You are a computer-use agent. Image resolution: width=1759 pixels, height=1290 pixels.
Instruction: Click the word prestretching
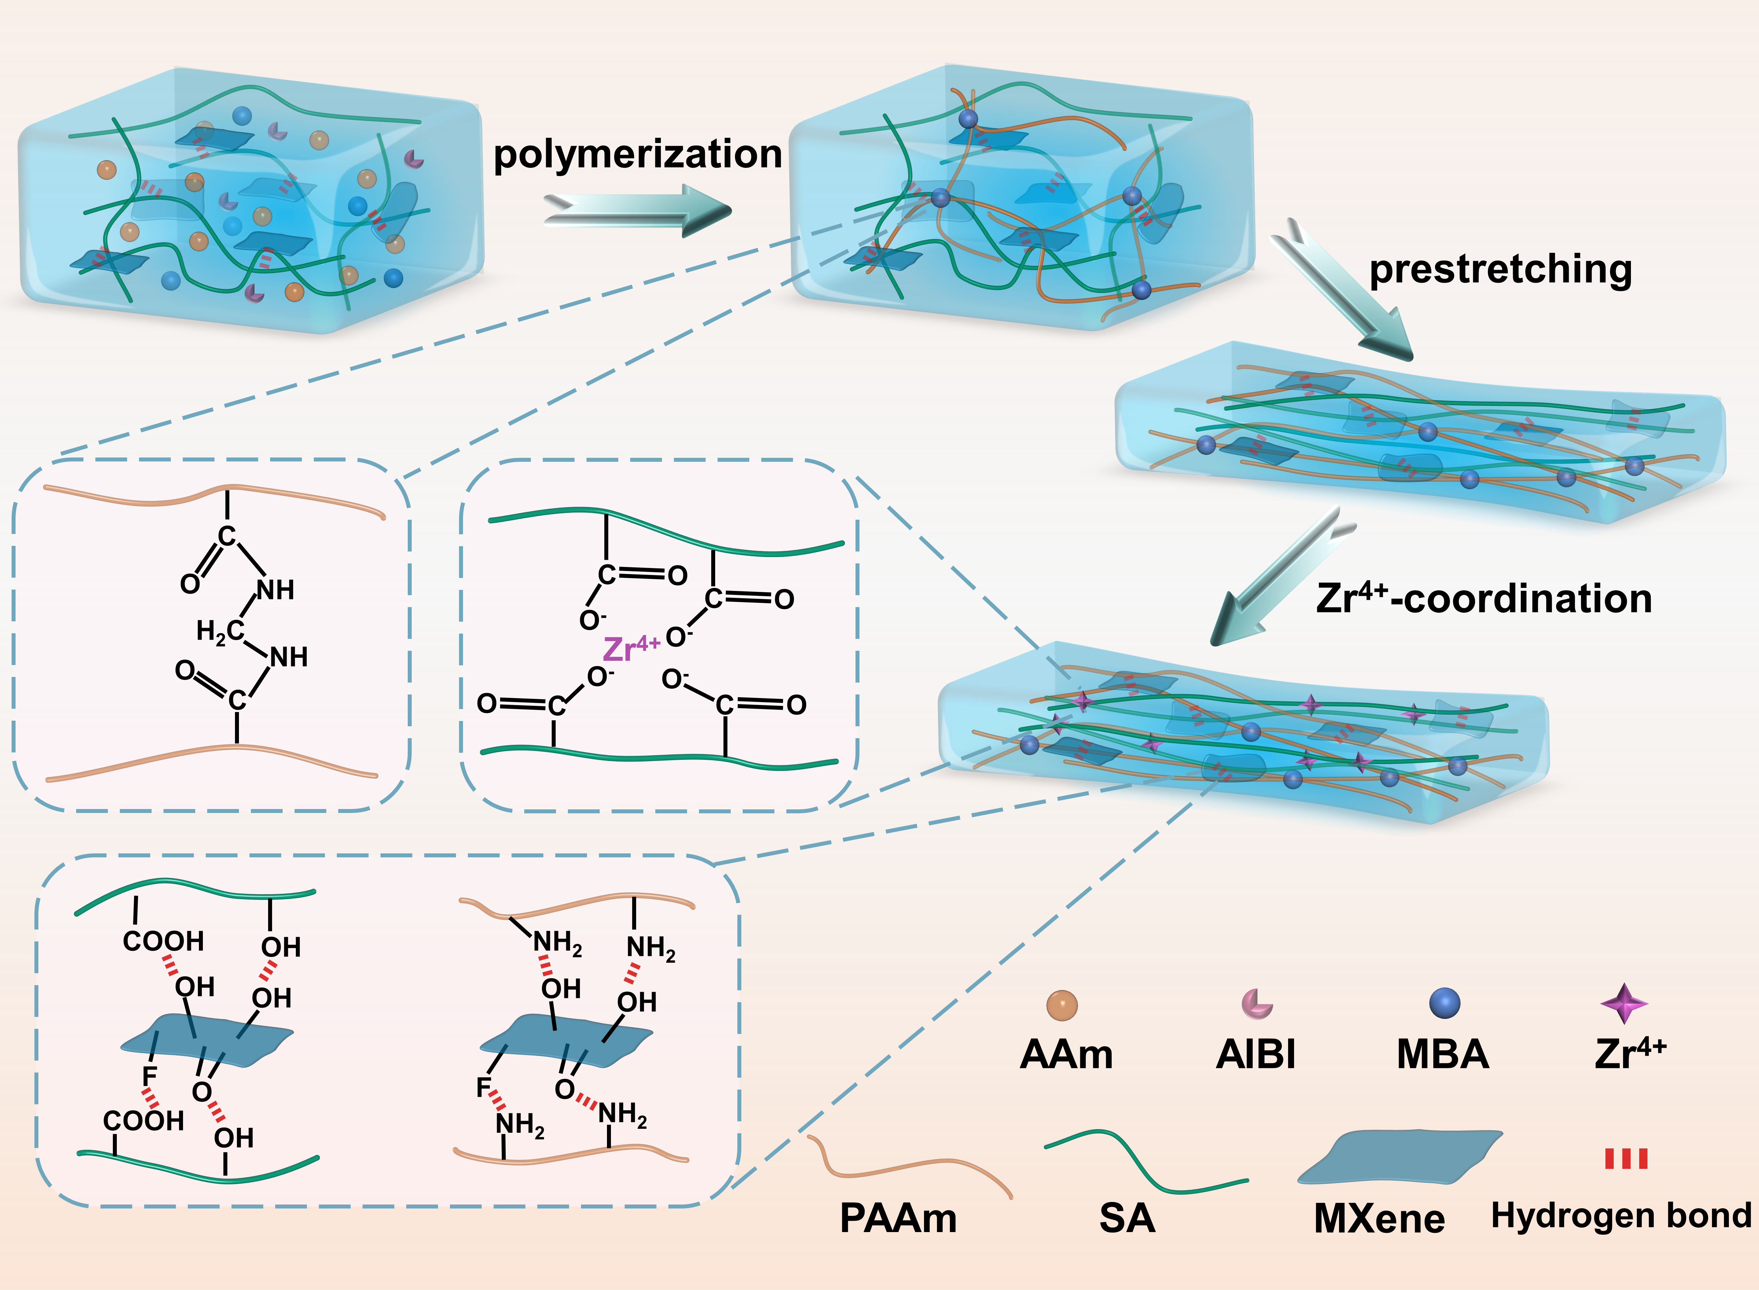[x=1500, y=269]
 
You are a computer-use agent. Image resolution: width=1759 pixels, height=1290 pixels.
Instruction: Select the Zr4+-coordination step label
[x=1483, y=599]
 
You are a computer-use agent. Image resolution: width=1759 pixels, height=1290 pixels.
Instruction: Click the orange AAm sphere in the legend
[x=1062, y=1005]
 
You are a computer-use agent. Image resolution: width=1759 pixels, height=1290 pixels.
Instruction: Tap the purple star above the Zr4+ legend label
[x=1624, y=1003]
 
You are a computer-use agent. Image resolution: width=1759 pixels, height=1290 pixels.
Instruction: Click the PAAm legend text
[x=898, y=1218]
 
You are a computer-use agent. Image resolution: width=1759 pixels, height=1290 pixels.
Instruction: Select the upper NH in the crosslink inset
[x=276, y=590]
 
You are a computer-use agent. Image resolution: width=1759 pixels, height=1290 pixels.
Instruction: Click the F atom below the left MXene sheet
[x=149, y=1077]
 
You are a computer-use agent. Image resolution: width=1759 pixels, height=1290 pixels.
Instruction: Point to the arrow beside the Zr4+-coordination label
[x=1280, y=578]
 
